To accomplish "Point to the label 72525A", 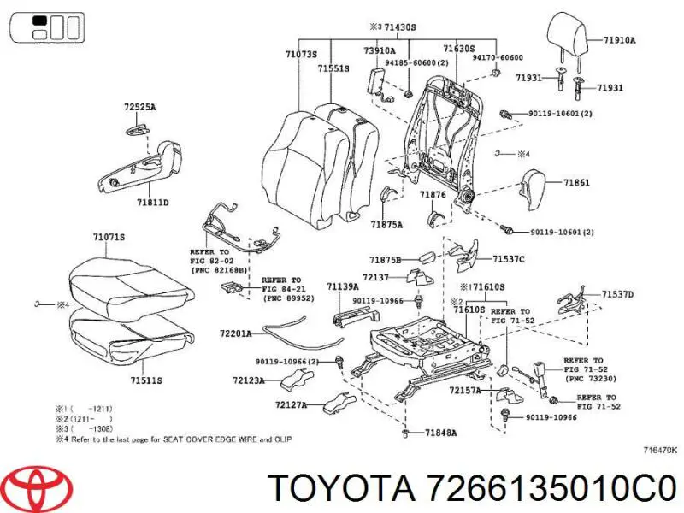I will [x=140, y=108].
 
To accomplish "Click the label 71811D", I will [x=151, y=203].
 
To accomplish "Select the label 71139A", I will [x=342, y=286].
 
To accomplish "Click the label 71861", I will [x=575, y=182].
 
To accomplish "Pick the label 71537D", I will [x=616, y=294].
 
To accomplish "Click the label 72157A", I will [x=465, y=390].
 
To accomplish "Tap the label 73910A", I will [x=379, y=50].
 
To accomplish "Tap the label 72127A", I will [x=292, y=404].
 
